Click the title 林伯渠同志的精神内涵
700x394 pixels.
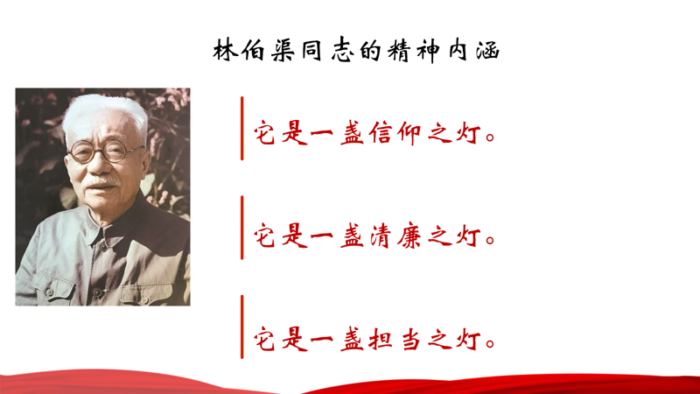click(x=356, y=50)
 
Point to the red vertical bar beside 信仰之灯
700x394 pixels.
click(x=242, y=128)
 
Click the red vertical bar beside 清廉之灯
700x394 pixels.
click(x=242, y=228)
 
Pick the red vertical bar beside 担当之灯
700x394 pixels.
click(x=242, y=327)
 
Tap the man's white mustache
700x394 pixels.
click(x=101, y=181)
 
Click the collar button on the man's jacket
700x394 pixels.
click(x=104, y=246)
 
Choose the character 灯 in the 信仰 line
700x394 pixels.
click(x=469, y=133)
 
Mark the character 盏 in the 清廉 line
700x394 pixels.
click(x=353, y=236)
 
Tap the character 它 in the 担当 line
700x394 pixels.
click(x=265, y=340)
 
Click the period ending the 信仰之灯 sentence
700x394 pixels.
click(x=490, y=137)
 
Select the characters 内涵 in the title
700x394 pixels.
click(x=473, y=51)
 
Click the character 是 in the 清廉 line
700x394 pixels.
click(x=295, y=236)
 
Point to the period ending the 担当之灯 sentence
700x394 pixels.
click(x=490, y=343)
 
